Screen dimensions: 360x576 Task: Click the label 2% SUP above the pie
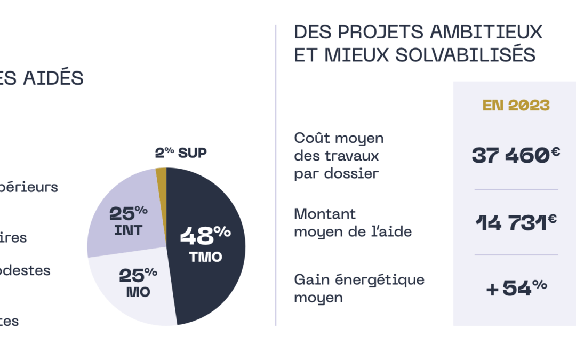(181, 153)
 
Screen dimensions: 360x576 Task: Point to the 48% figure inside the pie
(205, 235)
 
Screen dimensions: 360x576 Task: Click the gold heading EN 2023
(516, 105)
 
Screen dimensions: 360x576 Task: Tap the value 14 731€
(516, 222)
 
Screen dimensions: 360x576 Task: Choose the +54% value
(516, 287)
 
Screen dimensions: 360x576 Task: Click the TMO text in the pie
(205, 257)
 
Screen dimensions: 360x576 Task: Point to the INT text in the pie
(127, 231)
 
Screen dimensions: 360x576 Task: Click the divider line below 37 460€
(516, 189)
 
